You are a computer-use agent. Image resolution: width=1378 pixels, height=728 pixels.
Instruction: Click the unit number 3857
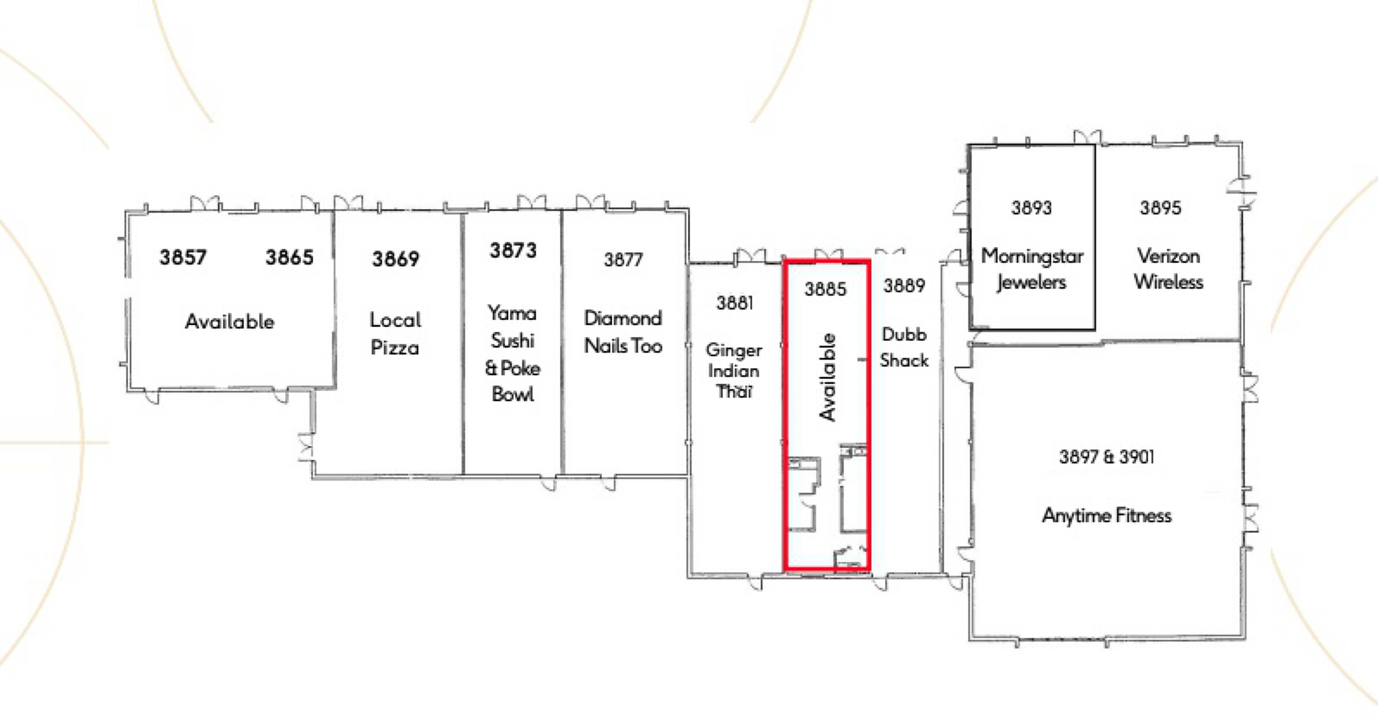pyautogui.click(x=183, y=257)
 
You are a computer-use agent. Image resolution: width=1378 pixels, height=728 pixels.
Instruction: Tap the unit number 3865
pyautogui.click(x=289, y=257)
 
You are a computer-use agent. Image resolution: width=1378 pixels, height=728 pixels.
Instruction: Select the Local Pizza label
pyautogui.click(x=395, y=334)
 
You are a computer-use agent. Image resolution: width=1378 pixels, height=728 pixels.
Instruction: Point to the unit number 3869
pyautogui.click(x=396, y=259)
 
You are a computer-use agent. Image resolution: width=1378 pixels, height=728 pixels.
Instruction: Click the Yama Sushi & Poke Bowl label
pyautogui.click(x=513, y=354)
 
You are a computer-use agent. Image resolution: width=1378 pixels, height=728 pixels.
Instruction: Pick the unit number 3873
pyautogui.click(x=513, y=250)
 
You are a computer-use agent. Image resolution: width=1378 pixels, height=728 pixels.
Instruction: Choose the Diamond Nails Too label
pyautogui.click(x=623, y=332)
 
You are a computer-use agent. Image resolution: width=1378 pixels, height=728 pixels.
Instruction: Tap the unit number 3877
pyautogui.click(x=623, y=260)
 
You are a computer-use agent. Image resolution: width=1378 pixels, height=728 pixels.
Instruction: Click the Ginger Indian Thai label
pyautogui.click(x=734, y=371)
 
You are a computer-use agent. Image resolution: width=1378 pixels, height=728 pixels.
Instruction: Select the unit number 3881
pyautogui.click(x=735, y=303)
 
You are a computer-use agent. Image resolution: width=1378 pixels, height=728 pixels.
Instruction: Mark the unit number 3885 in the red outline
pyautogui.click(x=825, y=289)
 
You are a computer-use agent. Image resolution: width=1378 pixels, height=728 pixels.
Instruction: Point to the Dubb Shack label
pyautogui.click(x=904, y=347)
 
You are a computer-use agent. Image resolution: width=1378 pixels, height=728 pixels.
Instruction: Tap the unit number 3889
pyautogui.click(x=904, y=286)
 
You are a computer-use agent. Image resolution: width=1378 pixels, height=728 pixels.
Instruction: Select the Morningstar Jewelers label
pyautogui.click(x=1032, y=270)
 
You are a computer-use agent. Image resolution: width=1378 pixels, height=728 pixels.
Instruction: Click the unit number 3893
pyautogui.click(x=1031, y=208)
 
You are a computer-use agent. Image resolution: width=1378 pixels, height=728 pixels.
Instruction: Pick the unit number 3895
pyautogui.click(x=1160, y=208)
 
